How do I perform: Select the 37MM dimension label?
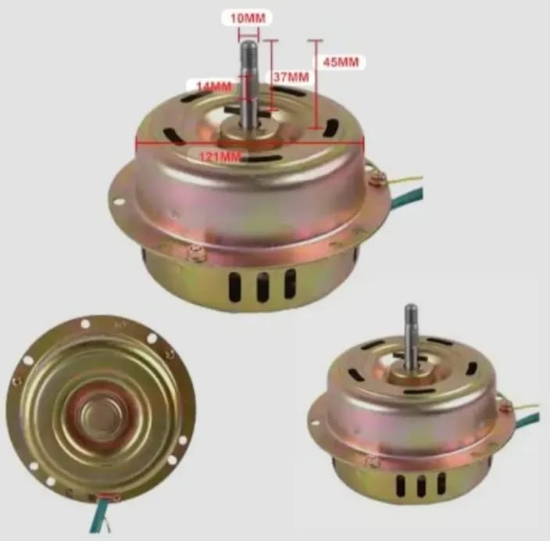coord(289,77)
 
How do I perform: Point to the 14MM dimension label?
coord(212,85)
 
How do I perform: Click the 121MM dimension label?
coord(220,157)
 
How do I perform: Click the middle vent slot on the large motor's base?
coord(262,287)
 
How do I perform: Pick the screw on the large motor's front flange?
coord(197,251)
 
